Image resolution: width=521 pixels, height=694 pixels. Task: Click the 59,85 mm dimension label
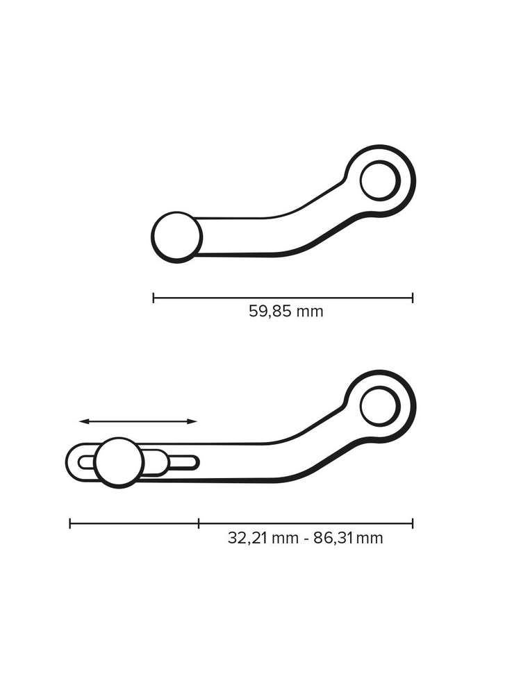(286, 311)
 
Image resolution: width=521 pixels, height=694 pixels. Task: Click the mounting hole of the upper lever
(379, 180)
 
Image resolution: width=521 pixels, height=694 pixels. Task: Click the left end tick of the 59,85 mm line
(154, 298)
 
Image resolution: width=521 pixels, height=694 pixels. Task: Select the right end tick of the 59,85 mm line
(413, 298)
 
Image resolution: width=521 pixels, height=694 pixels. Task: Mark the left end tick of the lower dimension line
(70, 523)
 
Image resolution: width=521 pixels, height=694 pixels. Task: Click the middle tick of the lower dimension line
(199, 523)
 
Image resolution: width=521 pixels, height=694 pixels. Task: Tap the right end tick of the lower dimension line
(413, 523)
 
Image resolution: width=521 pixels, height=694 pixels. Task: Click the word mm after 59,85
(310, 312)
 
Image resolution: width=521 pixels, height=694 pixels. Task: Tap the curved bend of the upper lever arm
(306, 222)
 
